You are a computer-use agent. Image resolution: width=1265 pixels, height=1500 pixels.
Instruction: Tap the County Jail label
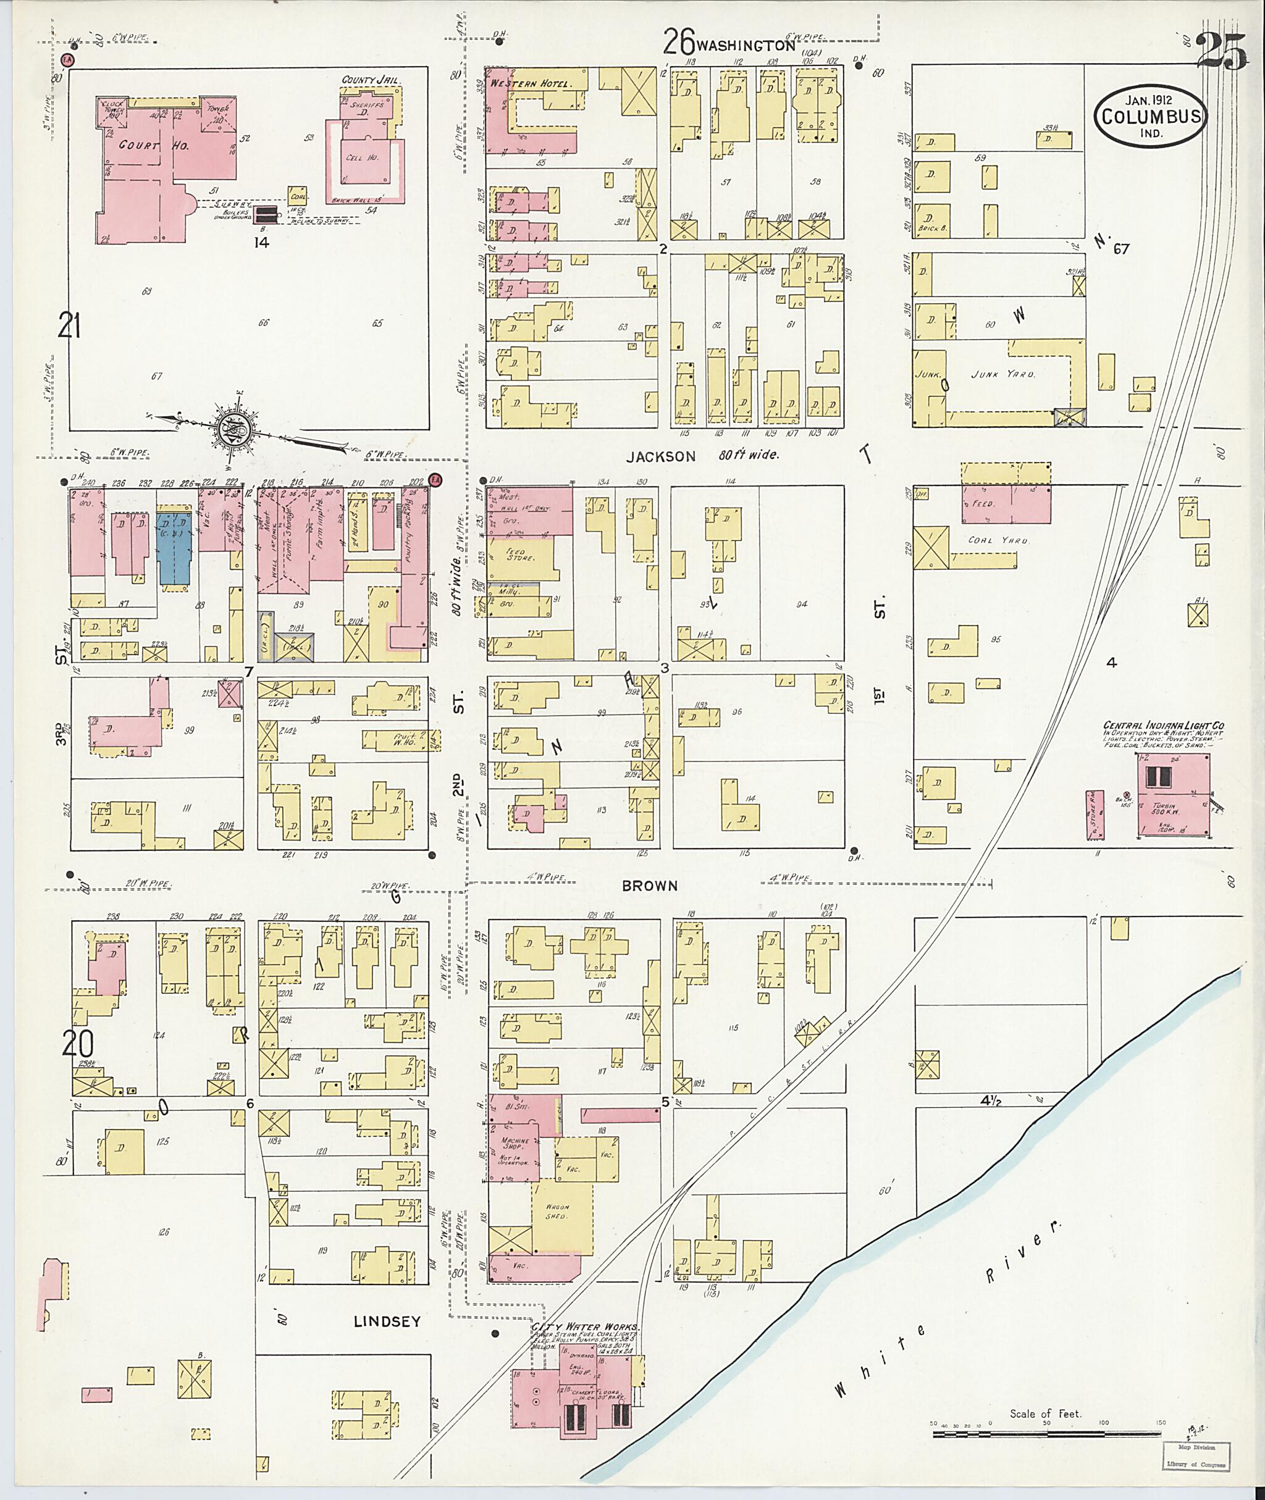click(x=370, y=80)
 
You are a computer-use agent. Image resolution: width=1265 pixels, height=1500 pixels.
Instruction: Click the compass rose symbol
click(x=235, y=426)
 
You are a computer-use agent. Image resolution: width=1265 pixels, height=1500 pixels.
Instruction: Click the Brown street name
click(x=649, y=886)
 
